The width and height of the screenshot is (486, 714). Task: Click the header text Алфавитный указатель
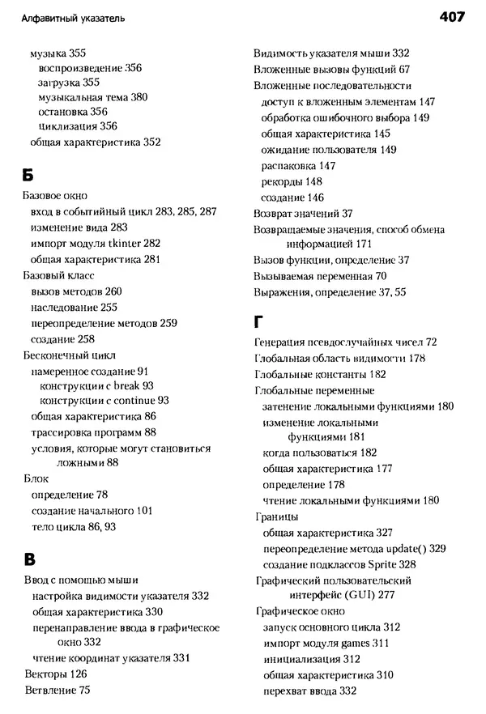74,17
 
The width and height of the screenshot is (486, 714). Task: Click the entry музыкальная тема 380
92,96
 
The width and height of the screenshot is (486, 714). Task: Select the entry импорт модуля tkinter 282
96,244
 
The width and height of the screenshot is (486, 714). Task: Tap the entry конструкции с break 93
96,386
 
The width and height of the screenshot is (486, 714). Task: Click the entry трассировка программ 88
93,432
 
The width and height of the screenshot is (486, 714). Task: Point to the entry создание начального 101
92,511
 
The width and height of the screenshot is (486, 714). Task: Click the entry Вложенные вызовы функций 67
331,70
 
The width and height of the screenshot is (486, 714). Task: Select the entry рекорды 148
292,181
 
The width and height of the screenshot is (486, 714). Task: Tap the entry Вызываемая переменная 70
320,276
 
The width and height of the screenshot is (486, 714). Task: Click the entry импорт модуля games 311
326,644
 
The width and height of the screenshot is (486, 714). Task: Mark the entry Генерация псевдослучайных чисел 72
346,342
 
